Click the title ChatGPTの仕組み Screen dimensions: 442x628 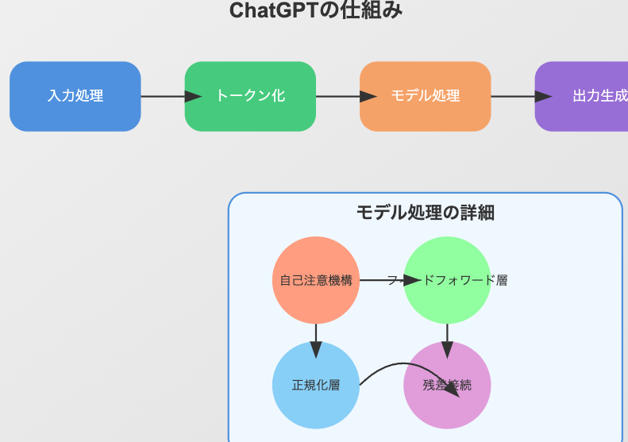pos(315,11)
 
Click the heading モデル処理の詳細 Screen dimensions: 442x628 pos(425,212)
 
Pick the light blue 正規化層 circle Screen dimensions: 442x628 pos(316,405)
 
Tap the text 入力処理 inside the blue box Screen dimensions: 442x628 pos(75,96)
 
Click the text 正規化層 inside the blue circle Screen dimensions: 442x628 pos(316,386)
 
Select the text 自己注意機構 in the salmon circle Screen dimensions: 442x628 pos(316,280)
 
